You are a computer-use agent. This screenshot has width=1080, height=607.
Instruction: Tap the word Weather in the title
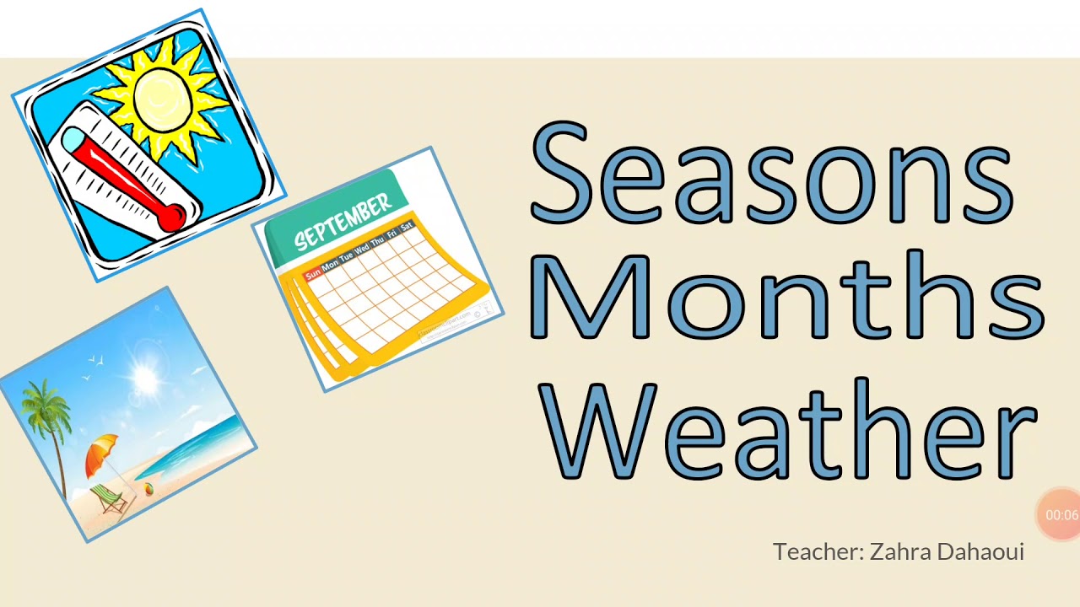pyautogui.click(x=790, y=431)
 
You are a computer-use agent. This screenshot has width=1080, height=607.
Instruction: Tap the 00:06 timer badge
pyautogui.click(x=1061, y=514)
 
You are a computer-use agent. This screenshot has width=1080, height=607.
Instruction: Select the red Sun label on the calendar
pyautogui.click(x=313, y=275)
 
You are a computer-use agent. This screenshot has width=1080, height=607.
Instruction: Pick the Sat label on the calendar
pyautogui.click(x=407, y=227)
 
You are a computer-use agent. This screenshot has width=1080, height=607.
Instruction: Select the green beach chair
pyautogui.click(x=107, y=499)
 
